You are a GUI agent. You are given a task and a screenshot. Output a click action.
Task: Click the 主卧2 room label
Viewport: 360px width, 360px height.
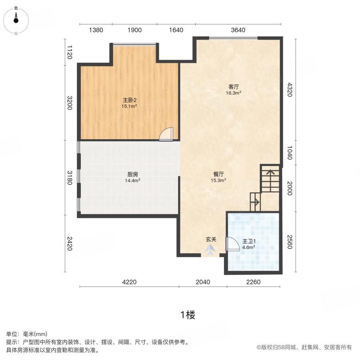pos(130,100)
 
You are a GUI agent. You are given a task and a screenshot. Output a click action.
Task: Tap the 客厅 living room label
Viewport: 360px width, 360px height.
pos(234,87)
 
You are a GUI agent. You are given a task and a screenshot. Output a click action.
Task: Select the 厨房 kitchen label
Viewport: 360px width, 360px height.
pos(133,174)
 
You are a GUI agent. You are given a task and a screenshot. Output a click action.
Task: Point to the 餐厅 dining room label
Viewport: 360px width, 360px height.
pos(218,174)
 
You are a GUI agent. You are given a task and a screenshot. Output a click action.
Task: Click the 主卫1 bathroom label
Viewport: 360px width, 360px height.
pos(249,241)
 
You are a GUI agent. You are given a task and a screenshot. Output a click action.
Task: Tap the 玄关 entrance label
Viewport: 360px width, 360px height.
pos(211,240)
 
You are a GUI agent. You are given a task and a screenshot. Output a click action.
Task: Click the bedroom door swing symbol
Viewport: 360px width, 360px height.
pos(166,134)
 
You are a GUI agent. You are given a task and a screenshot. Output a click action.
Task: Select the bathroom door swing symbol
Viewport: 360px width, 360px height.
pos(232,244)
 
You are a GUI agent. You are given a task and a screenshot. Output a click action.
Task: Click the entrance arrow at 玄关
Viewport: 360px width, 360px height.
pos(210,250)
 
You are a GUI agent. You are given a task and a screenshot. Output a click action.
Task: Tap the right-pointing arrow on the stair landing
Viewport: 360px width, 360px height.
pos(255,202)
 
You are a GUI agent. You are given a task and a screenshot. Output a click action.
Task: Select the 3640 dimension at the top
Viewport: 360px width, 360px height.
pos(238,30)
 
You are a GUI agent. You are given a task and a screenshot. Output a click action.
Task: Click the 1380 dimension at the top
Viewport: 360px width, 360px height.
pos(96,30)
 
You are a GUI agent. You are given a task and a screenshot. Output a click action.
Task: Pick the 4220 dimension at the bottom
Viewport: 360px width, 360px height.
pos(129,282)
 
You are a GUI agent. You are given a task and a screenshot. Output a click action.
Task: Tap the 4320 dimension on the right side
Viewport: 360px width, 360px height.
pos(290,90)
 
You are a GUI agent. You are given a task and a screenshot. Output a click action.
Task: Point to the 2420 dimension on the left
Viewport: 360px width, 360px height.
pos(70,244)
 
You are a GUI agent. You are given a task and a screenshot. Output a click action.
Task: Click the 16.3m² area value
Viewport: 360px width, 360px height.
pos(234,93)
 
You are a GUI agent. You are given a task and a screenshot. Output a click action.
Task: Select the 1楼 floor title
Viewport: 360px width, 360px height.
pos(188,315)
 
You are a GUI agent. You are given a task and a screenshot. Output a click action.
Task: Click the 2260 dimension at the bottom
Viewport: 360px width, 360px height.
pos(253,282)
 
